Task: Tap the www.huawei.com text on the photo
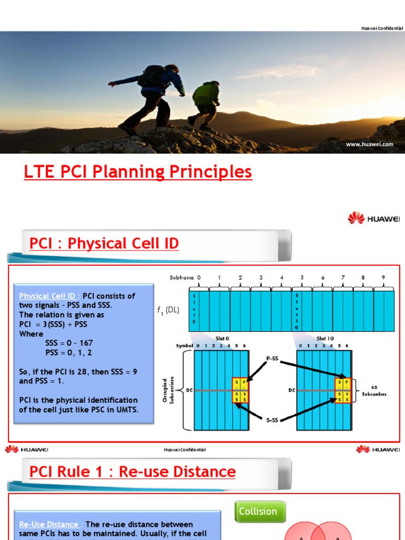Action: click(369, 144)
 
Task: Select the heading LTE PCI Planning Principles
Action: click(138, 172)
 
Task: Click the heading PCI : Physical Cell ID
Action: click(104, 244)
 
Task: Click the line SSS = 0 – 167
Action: click(69, 343)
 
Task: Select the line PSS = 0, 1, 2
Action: click(69, 352)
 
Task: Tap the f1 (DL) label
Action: click(169, 310)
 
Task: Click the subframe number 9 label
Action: click(383, 277)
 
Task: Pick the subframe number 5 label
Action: click(302, 277)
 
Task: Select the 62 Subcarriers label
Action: click(374, 390)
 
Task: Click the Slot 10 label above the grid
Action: click(325, 339)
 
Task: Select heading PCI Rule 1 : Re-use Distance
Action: click(132, 471)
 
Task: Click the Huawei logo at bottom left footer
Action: click(26, 449)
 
